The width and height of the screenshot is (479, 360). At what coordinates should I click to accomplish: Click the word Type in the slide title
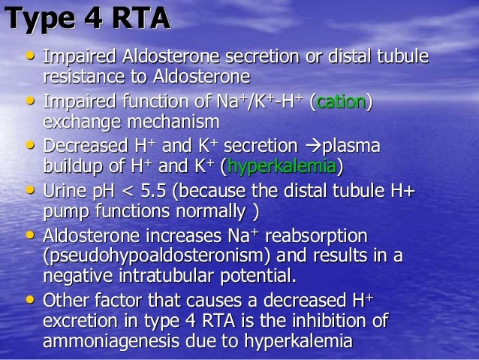pyautogui.click(x=38, y=18)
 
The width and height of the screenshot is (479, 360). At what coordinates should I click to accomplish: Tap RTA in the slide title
pyautogui.click(x=137, y=18)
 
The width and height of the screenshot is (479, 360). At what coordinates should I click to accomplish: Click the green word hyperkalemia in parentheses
pyautogui.click(x=283, y=165)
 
